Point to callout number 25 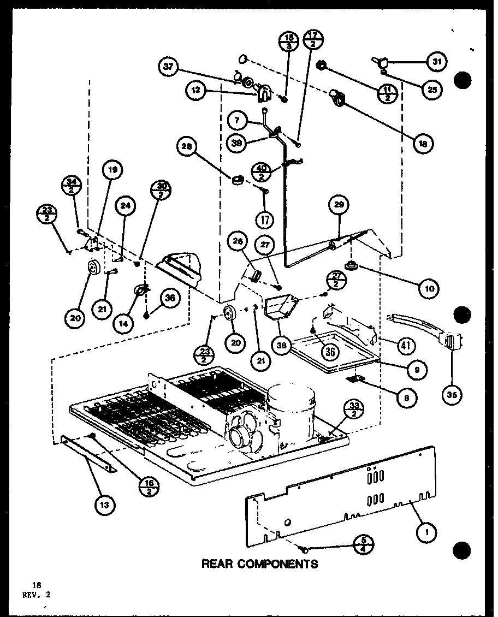[432, 90]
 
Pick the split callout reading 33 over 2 [354, 410]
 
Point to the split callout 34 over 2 [72, 184]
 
